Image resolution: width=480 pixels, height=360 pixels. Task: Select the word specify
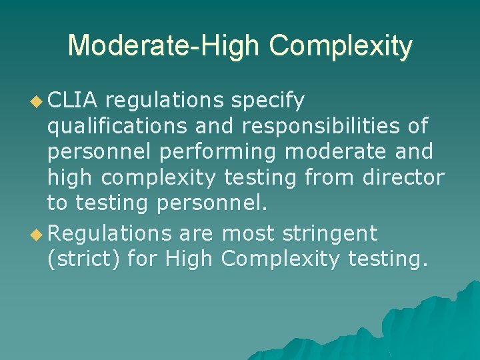(267, 101)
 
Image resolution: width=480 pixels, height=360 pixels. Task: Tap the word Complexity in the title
(341, 46)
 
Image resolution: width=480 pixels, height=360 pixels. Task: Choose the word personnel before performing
(99, 153)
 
